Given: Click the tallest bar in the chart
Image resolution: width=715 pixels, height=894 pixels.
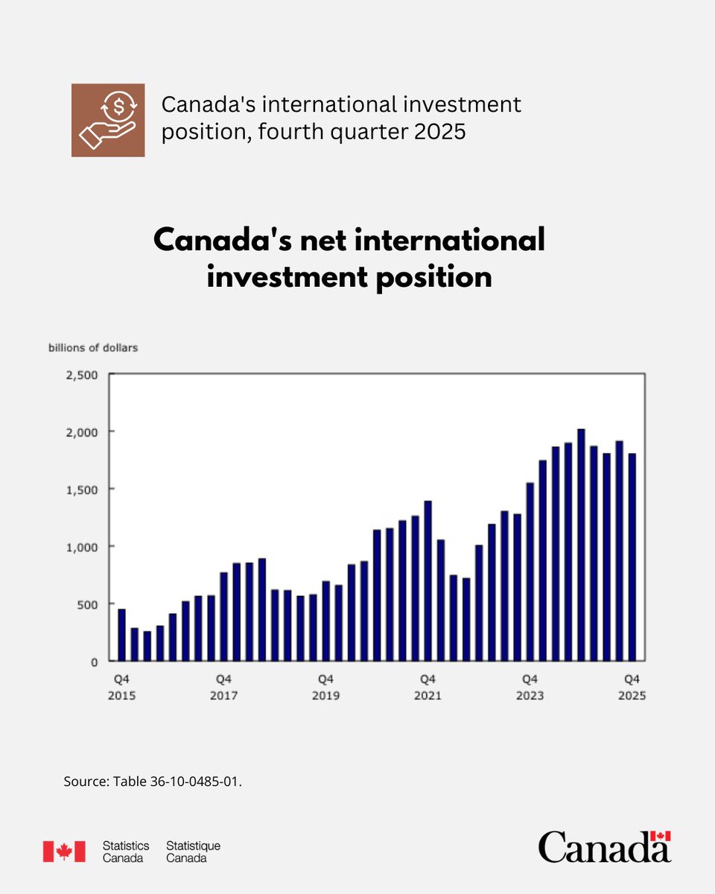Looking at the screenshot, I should click(581, 545).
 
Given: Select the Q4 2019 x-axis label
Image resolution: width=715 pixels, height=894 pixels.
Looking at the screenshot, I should click(325, 687).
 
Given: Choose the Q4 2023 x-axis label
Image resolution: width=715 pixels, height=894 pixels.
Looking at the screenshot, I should click(530, 687).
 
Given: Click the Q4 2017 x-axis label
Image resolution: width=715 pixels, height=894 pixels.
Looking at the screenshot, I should click(223, 687).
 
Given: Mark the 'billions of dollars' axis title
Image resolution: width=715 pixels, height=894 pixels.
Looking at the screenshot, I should click(93, 347).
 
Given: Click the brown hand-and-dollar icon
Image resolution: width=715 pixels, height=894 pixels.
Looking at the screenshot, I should click(108, 120).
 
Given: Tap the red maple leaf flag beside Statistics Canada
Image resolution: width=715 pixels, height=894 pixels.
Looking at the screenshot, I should click(63, 851).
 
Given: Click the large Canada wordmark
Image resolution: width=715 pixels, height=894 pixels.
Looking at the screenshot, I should click(604, 847).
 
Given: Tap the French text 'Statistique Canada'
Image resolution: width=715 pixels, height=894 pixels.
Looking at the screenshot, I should click(193, 852).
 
